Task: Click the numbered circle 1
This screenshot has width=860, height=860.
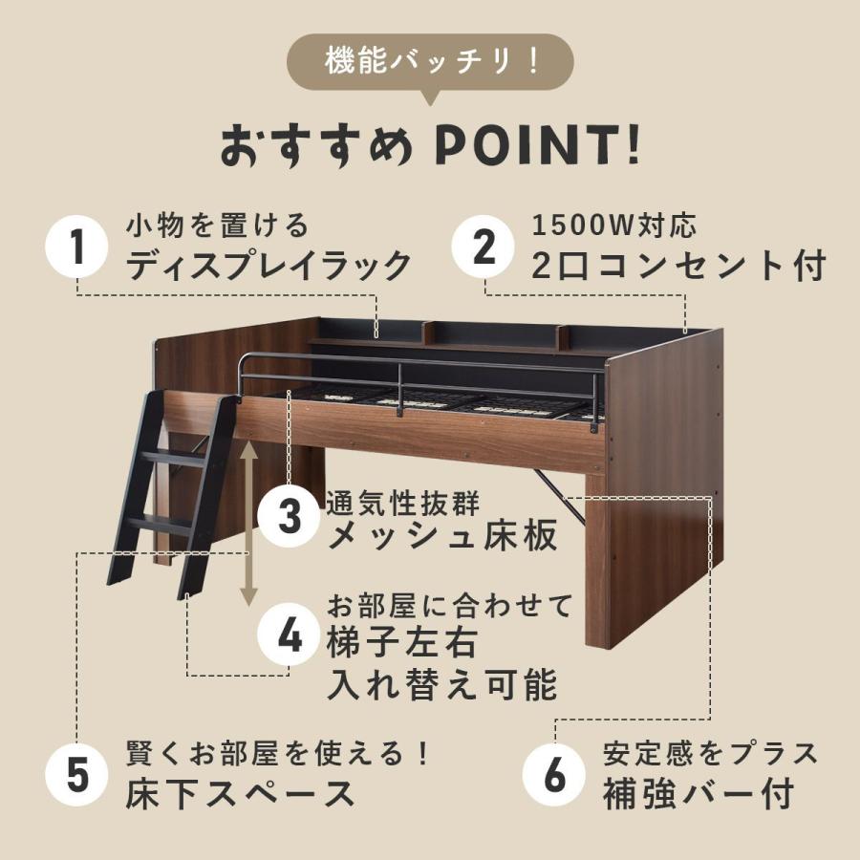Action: [x=77, y=248]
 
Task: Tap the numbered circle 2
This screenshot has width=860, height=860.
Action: [x=484, y=248]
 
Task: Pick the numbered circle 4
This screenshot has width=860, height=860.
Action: [x=289, y=636]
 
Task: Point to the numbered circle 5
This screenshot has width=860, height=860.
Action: [x=77, y=775]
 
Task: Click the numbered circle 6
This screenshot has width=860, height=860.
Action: [x=555, y=775]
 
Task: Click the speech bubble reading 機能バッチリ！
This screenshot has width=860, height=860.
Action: [x=430, y=62]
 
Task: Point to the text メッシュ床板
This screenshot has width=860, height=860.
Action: [x=442, y=536]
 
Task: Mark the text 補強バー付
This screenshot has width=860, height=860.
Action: [x=699, y=793]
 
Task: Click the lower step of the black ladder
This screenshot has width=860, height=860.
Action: [x=160, y=525]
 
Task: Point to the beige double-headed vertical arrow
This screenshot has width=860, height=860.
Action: [x=248, y=520]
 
